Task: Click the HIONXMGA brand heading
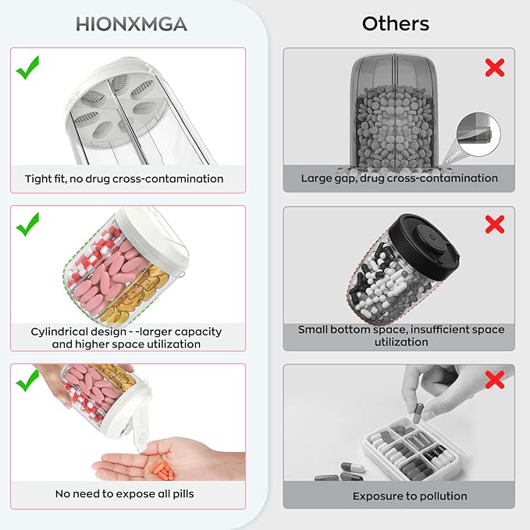[131, 24]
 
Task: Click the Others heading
[396, 24]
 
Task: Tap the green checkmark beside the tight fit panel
[28, 68]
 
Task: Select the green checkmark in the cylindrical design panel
[28, 225]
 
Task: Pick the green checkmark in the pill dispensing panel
[28, 381]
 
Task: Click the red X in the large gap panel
[495, 68]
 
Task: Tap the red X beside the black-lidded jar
[495, 225]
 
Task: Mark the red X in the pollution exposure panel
[495, 379]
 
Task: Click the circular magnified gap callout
[478, 134]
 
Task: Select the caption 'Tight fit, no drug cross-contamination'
[124, 179]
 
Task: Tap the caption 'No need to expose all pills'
[124, 494]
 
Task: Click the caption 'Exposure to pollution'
[410, 496]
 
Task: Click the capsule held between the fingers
[418, 413]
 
